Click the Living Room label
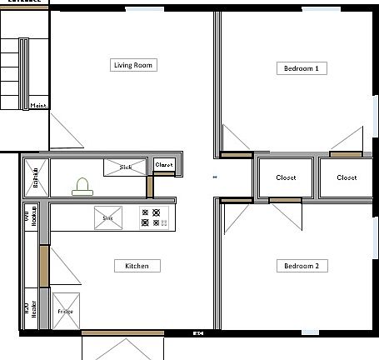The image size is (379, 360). (x=134, y=64)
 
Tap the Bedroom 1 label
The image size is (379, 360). (x=301, y=68)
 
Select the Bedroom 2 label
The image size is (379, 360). (x=301, y=266)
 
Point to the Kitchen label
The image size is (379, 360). (x=137, y=266)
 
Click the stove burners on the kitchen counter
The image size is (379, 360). (x=154, y=217)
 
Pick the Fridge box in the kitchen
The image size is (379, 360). (x=66, y=311)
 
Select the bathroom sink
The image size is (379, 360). (x=125, y=167)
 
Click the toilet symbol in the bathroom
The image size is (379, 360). (x=82, y=186)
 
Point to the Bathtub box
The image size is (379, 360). (x=35, y=177)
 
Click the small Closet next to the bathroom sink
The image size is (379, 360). (x=165, y=165)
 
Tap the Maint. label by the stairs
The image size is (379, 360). (x=39, y=106)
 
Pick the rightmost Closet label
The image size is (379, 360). (x=347, y=177)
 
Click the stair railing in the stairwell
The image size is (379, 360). (x=24, y=74)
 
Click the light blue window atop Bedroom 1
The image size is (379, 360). (x=322, y=9)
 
